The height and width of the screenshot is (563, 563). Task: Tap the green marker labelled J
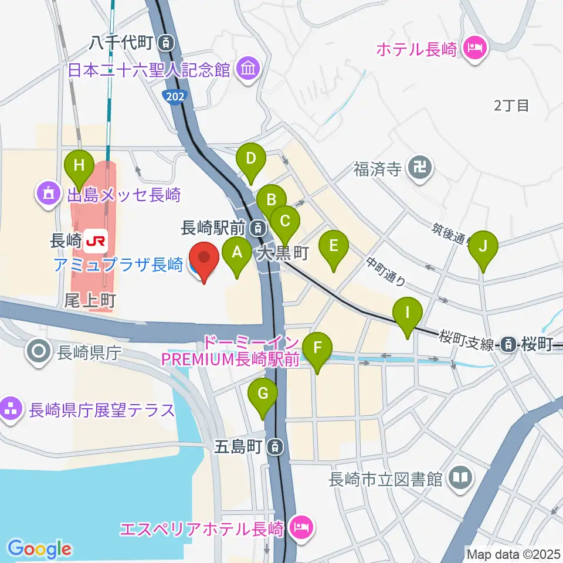[483, 246]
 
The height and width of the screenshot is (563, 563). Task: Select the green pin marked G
[263, 392]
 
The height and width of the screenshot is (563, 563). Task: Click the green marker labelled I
[408, 313]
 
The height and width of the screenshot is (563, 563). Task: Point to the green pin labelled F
[317, 347]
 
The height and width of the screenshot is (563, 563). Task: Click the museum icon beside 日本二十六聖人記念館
[247, 70]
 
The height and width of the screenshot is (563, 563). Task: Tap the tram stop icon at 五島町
[274, 447]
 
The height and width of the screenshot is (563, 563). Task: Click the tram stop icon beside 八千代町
[168, 42]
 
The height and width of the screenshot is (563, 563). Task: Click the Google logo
[39, 549]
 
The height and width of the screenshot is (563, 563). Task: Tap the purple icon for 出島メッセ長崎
[47, 193]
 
